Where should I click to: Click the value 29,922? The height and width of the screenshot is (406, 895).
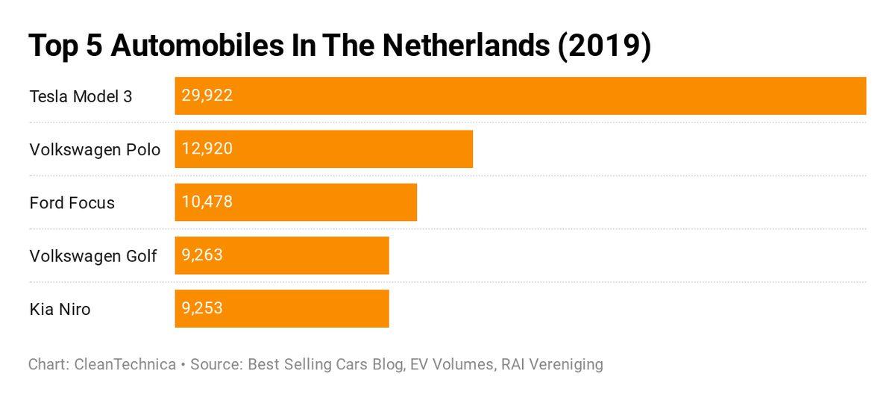(207, 96)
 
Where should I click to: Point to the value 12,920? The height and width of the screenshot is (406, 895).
(207, 149)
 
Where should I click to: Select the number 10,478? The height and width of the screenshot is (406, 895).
(207, 202)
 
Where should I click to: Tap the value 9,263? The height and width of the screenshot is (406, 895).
(201, 256)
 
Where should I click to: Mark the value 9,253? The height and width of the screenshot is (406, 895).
(201, 308)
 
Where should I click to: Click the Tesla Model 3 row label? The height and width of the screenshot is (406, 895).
(81, 96)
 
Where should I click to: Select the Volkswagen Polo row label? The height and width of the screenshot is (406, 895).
(95, 150)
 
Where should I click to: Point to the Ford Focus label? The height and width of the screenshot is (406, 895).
(72, 203)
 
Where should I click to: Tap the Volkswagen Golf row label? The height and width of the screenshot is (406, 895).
(93, 257)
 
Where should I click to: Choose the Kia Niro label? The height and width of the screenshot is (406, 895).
(60, 309)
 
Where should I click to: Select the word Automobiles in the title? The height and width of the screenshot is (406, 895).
(188, 46)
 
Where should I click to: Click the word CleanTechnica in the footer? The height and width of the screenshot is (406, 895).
(126, 365)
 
